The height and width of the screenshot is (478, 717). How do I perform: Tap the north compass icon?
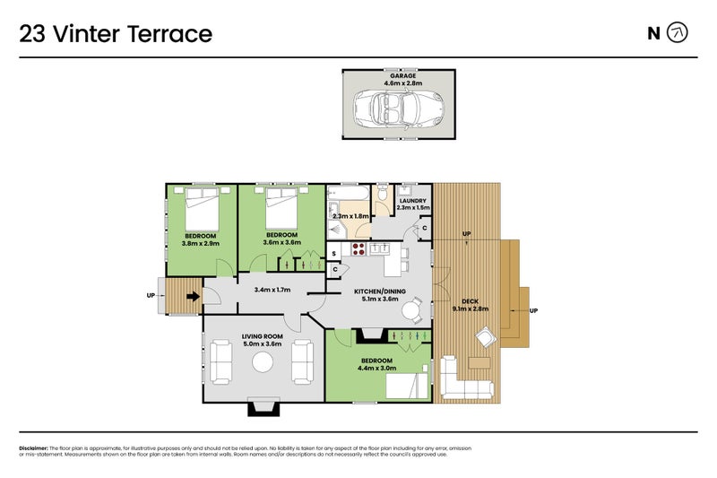[679, 34]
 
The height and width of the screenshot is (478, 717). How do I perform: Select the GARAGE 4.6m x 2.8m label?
[402, 80]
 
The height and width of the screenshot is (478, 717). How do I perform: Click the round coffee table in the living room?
[262, 361]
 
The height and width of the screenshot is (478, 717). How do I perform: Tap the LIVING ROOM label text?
[262, 337]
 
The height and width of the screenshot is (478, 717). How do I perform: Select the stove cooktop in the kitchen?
[358, 249]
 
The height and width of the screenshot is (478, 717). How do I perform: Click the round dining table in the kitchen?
[410, 311]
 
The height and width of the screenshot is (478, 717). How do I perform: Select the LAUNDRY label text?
[412, 201]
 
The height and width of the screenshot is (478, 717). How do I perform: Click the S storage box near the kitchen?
[334, 254]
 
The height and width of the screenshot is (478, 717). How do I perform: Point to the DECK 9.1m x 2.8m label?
[470, 305]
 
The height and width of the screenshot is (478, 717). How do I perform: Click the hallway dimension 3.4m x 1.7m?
[273, 290]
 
